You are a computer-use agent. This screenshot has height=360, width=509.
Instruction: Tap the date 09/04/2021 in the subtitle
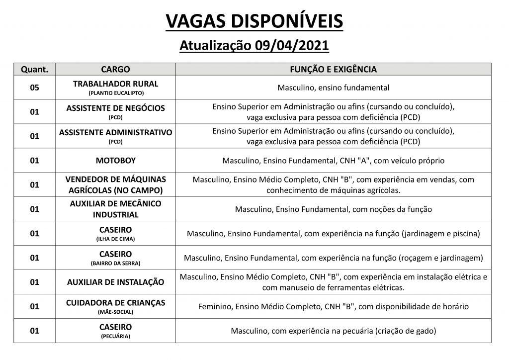click(291, 46)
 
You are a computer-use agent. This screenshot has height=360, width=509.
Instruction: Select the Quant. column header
click(34, 69)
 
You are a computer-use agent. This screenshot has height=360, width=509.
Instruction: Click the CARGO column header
click(115, 69)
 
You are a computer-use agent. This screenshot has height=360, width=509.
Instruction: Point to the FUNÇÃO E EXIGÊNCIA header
click(333, 69)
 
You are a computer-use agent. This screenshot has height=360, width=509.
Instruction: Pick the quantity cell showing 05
click(34, 88)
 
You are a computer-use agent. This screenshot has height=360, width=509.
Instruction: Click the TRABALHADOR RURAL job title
click(115, 84)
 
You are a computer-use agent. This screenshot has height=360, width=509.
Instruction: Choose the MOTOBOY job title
click(115, 160)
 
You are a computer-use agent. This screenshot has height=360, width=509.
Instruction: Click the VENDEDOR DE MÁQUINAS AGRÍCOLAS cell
click(115, 184)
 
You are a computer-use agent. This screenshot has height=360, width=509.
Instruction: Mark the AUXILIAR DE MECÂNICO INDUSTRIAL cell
click(115, 209)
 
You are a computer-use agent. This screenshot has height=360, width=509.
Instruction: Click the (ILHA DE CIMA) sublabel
click(115, 239)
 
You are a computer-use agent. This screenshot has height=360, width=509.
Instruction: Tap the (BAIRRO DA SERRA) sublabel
click(115, 263)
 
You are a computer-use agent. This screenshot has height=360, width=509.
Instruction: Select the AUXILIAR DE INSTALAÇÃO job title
click(115, 282)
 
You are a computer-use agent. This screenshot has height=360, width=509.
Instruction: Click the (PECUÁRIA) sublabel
click(115, 336)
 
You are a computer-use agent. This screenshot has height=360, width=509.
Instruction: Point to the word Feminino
click(214, 306)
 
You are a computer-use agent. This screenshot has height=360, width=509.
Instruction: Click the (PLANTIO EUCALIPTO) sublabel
click(115, 93)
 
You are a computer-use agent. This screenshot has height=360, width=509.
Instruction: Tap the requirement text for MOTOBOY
click(333, 161)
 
